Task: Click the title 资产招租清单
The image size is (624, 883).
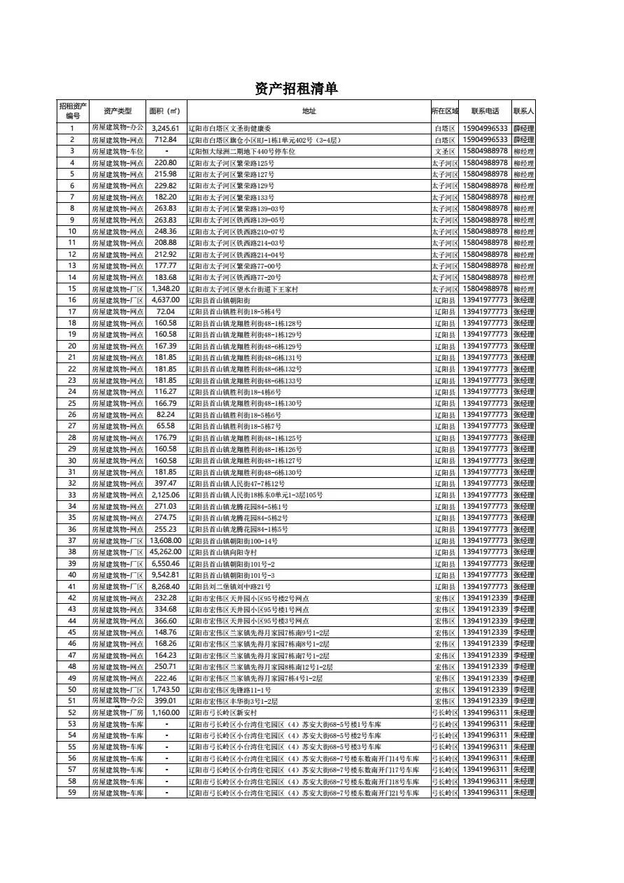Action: coord(297,88)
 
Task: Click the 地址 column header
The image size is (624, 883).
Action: coord(309,111)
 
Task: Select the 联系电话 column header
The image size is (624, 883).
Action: coord(485,111)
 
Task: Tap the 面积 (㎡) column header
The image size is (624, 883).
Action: coord(165,111)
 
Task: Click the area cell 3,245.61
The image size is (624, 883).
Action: coord(166,129)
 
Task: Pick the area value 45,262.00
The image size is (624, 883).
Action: coord(166,552)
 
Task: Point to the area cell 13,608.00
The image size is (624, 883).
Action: coord(166,541)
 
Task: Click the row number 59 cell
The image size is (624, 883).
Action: coord(72,793)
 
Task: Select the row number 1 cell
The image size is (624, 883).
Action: coord(72,129)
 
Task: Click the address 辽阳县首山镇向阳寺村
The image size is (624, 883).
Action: coord(223,552)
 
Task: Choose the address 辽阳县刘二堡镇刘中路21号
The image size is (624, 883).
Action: coord(229,586)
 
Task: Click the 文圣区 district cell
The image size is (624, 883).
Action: coord(445,151)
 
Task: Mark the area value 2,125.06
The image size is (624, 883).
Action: coord(166,495)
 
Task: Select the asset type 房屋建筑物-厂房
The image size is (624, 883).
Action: coord(117,712)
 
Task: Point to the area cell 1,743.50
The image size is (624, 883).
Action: coord(166,689)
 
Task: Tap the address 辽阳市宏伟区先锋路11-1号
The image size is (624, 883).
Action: coord(229,690)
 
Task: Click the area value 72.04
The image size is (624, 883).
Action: coord(166,311)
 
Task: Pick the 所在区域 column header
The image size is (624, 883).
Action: coord(445,111)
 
